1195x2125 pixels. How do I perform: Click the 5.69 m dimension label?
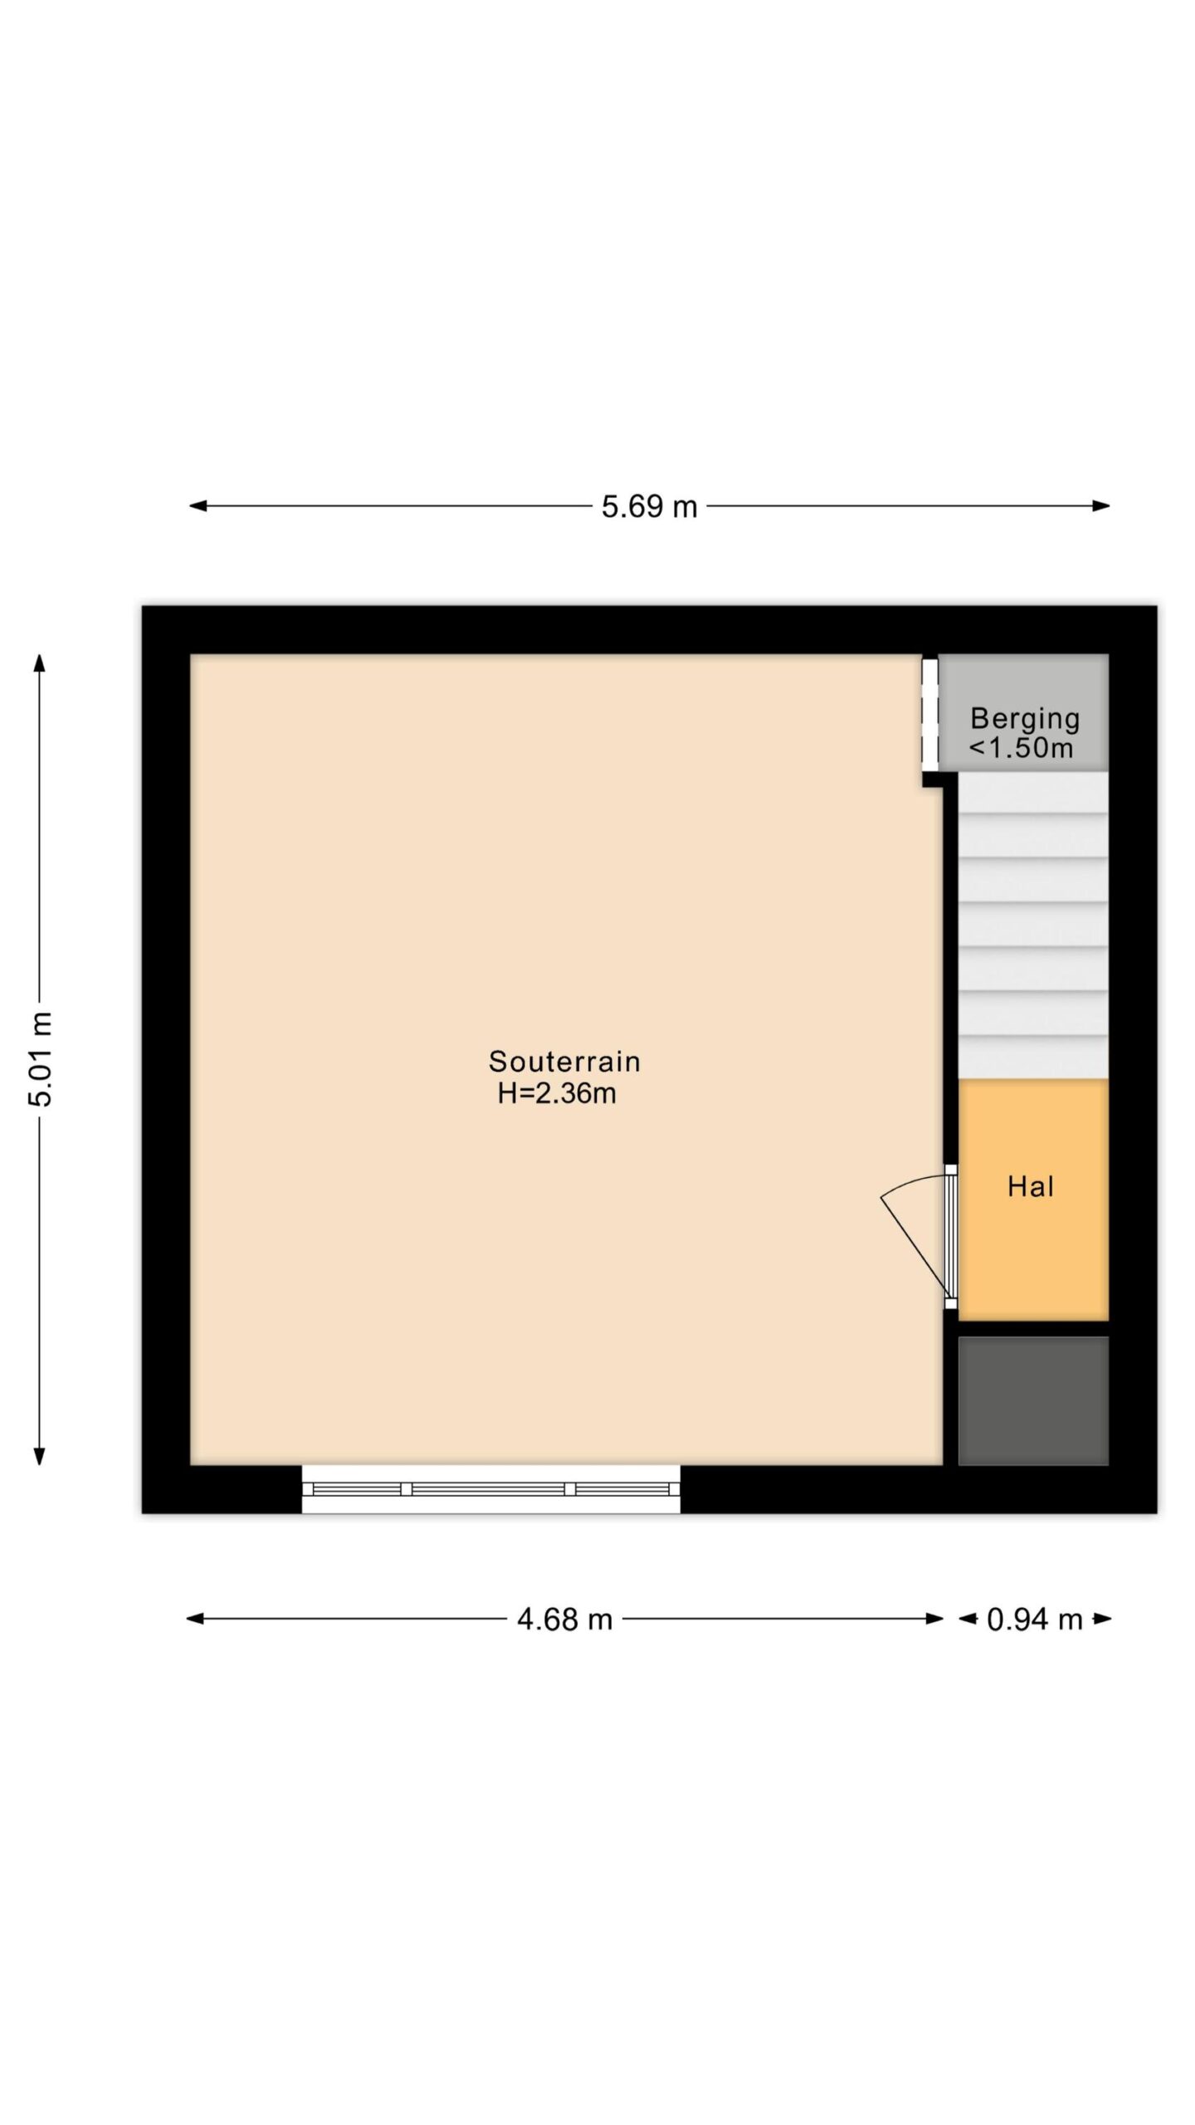pyautogui.click(x=649, y=506)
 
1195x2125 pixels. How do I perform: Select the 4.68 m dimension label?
pyautogui.click(x=564, y=1619)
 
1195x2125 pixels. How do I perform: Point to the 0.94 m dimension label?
pyautogui.click(x=1035, y=1619)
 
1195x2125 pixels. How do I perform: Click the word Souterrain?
pyautogui.click(x=564, y=1061)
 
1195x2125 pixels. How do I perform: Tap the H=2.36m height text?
pyautogui.click(x=557, y=1093)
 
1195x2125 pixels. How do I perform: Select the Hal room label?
pyautogui.click(x=1031, y=1186)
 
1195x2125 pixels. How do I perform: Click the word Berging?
pyautogui.click(x=1025, y=719)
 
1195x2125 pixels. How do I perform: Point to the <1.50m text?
pyautogui.click(x=1021, y=748)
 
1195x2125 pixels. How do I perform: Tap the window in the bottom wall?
pyautogui.click(x=490, y=1488)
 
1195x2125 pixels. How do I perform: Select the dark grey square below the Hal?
pyautogui.click(x=1033, y=1400)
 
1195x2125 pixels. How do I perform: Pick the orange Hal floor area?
pyautogui.click(x=1033, y=1199)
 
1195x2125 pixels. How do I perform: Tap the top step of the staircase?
pyautogui.click(x=1033, y=793)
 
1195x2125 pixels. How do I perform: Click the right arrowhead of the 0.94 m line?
pyautogui.click(x=1102, y=1618)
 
